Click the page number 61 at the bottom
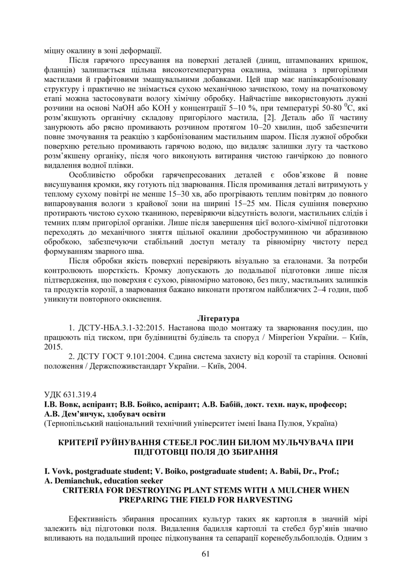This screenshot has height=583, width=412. click(206, 553)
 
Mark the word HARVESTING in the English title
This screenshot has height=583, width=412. click(265, 499)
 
